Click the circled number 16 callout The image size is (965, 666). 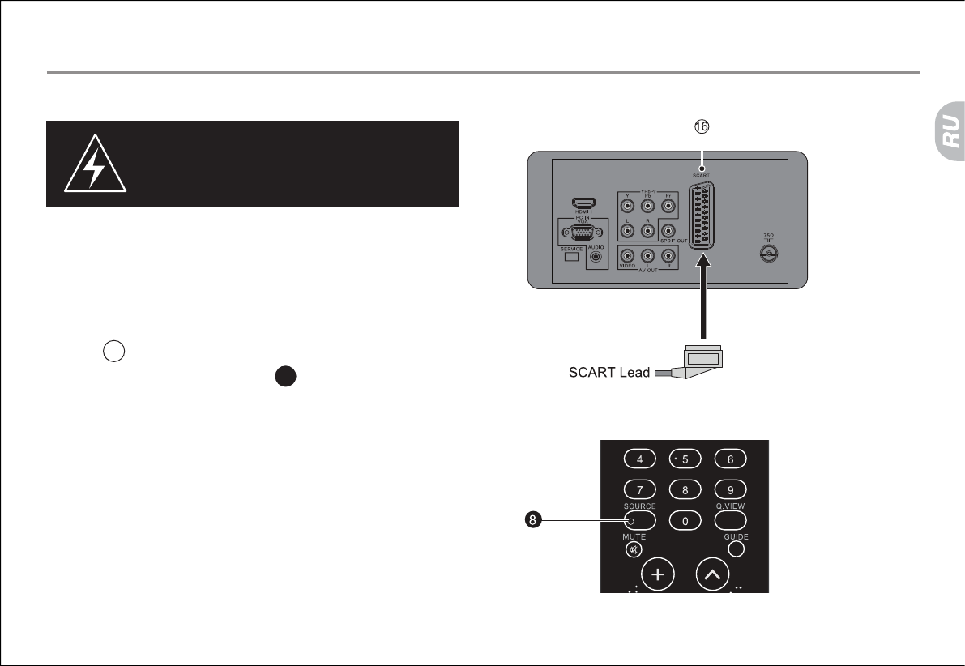point(702,127)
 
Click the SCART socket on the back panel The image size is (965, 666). point(702,216)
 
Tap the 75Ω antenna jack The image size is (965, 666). point(766,255)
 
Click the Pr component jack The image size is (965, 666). point(668,205)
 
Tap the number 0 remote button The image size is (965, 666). point(685,520)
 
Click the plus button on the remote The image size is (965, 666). point(658,575)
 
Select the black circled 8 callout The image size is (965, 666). point(532,520)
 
